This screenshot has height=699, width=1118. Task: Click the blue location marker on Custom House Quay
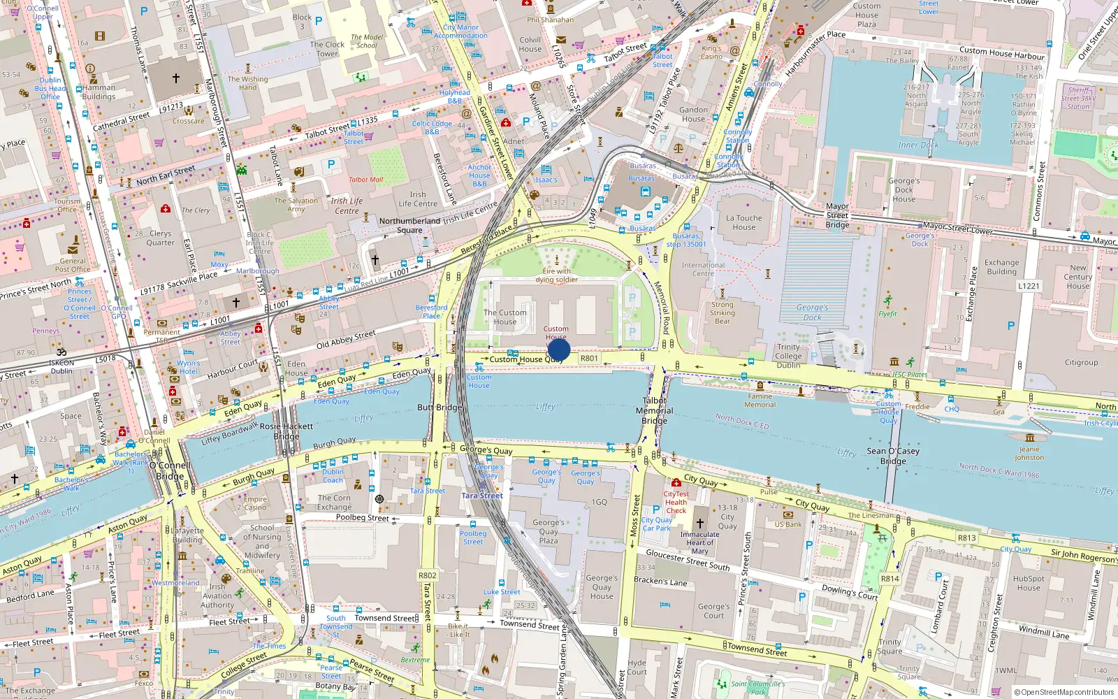pos(559,349)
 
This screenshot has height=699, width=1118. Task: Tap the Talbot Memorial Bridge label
pos(655,411)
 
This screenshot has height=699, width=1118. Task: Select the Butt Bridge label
pos(440,408)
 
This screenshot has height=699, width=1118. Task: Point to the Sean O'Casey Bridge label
pos(893,456)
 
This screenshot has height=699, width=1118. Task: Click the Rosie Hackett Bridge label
pos(286,431)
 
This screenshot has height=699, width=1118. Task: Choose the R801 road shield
pos(589,359)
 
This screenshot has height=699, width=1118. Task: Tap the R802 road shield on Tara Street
pos(428,576)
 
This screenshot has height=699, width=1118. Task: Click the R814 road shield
pos(890,579)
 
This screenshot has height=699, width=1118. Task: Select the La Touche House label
pos(744,222)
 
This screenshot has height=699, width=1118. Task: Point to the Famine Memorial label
pos(760,401)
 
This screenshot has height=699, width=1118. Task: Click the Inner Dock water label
pos(918,145)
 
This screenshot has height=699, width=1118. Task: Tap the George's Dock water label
pos(812,312)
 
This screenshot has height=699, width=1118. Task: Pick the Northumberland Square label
pos(409,225)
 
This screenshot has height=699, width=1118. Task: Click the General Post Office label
pos(73,265)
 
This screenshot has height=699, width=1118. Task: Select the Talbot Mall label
pos(366,180)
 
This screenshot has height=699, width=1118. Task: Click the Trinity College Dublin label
pos(788,356)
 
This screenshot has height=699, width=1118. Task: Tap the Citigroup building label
pos(1081,363)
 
